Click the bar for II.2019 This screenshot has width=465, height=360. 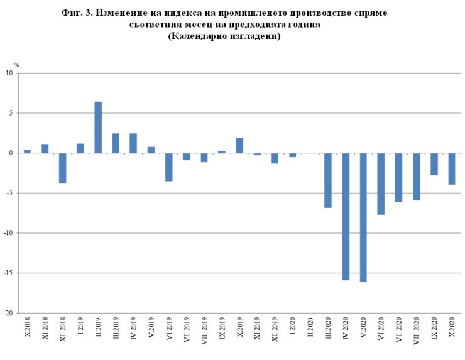click(98, 128)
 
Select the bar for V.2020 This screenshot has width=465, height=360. click(363, 217)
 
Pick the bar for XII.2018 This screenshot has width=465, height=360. click(63, 168)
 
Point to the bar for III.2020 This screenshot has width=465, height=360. click(328, 180)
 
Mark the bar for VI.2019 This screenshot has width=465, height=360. click(169, 167)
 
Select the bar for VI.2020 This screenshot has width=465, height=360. click(381, 184)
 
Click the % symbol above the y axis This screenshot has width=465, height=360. click(17, 64)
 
